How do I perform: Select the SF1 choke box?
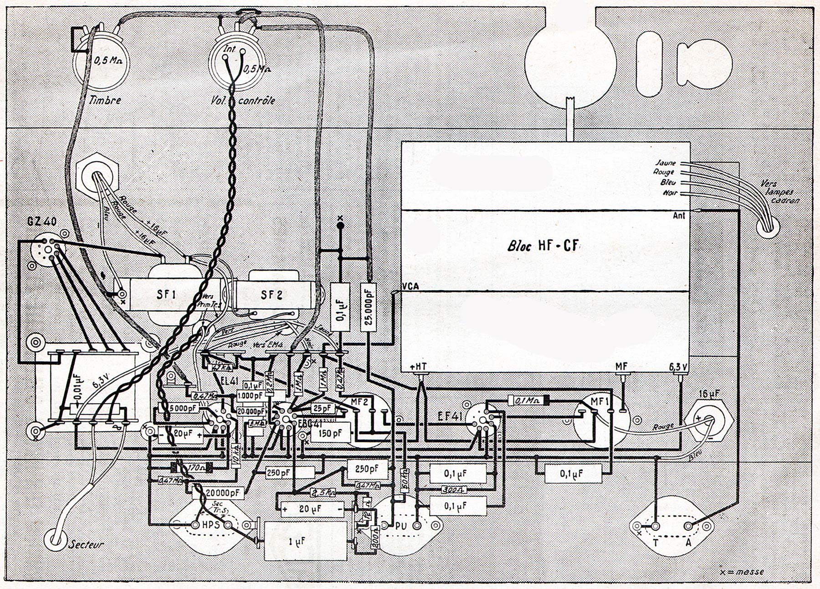[x=167, y=295]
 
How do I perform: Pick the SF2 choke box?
[x=272, y=295]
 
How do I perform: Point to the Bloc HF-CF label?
[x=543, y=246]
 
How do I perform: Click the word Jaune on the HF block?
[x=666, y=163]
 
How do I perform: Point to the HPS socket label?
[x=211, y=525]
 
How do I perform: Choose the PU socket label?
[x=401, y=526]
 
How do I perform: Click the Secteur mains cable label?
[x=87, y=544]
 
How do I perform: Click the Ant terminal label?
[x=679, y=215]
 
